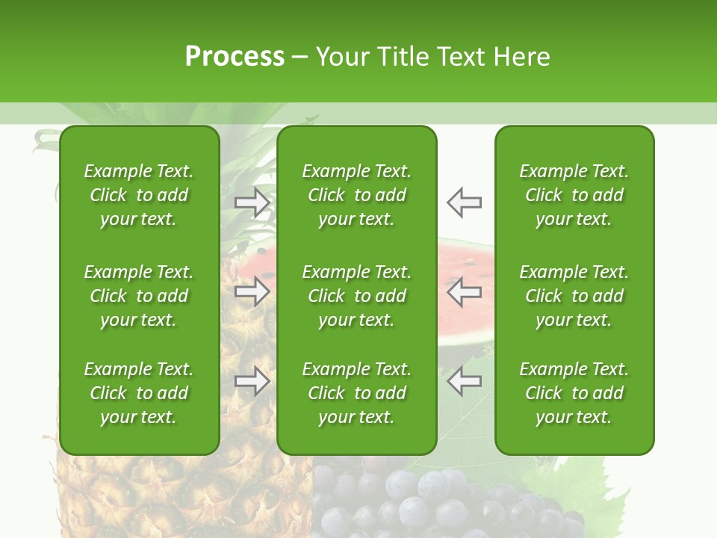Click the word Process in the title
[235, 57]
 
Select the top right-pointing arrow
[252, 202]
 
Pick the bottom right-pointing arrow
[252, 381]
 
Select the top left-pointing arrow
[464, 202]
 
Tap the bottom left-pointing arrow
[464, 381]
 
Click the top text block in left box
[139, 195]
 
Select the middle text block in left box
[139, 296]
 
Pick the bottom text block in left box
[139, 393]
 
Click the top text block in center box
[356, 195]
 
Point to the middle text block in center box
[356, 296]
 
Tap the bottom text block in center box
[356, 393]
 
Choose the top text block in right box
[574, 195]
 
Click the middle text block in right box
[574, 296]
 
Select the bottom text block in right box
[574, 393]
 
